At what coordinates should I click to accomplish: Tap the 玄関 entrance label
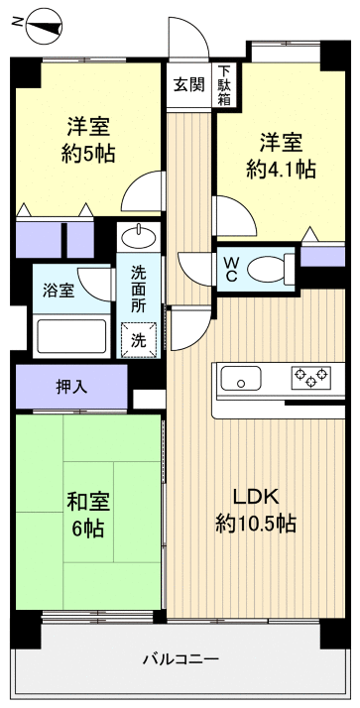pos(188,84)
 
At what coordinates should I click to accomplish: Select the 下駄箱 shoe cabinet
pos(225,85)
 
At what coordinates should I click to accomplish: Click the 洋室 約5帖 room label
pos(88,141)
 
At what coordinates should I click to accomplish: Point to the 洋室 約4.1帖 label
pos(281,155)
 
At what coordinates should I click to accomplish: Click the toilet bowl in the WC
pos(266,267)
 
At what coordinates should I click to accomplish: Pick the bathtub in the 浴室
pos(71,336)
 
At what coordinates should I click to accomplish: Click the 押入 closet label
pos(71,387)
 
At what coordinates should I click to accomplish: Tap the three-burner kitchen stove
pos(309,378)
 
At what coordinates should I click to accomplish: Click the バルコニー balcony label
pos(180,658)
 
